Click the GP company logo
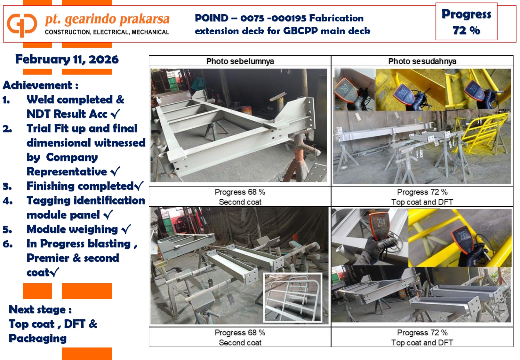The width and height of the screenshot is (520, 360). [x=22, y=25]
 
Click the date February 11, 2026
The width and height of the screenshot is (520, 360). [x=67, y=60]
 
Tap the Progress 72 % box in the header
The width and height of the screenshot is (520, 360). [x=466, y=21]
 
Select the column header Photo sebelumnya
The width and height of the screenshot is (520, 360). [x=240, y=61]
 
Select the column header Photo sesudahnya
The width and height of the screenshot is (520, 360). [x=422, y=61]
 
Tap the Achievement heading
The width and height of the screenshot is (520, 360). [x=40, y=85]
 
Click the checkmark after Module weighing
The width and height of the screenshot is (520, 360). [x=126, y=229]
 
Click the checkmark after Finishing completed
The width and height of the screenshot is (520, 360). [x=139, y=186]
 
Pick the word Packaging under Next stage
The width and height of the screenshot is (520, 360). [x=38, y=339]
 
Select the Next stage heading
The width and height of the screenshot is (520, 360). [x=40, y=310]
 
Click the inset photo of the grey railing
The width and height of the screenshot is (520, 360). [x=293, y=298]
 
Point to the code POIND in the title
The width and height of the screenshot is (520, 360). [x=211, y=18]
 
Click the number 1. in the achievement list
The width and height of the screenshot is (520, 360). [x=6, y=100]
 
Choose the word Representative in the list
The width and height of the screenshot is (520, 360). [x=67, y=172]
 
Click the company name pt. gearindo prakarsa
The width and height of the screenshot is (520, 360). [x=107, y=20]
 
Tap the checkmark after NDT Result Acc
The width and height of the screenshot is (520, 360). [x=116, y=114]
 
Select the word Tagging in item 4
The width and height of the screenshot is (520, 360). [x=49, y=201]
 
